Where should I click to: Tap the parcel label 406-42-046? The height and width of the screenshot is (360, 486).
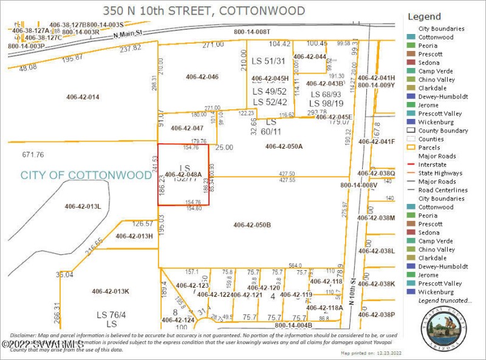pos(202,77)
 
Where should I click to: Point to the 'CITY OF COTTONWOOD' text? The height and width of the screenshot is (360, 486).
pos(86,175)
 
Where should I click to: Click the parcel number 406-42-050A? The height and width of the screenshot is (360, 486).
pos(284,146)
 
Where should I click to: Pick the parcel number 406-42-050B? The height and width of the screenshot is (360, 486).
pos(252,225)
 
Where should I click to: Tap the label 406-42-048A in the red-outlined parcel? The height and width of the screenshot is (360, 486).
pos(183,175)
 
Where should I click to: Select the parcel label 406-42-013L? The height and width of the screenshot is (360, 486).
pos(83,207)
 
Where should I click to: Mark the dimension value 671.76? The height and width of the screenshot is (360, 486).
pos(34,155)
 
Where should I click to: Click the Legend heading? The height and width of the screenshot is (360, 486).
pos(425,16)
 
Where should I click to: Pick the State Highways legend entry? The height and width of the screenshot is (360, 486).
pos(439,173)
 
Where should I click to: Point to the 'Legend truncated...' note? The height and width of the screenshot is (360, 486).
pos(445,301)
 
